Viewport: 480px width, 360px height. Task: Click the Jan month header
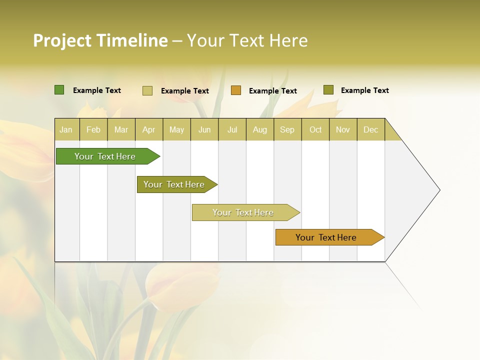click(x=66, y=129)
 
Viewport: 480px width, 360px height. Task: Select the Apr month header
click(x=149, y=129)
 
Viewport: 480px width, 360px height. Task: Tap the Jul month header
click(x=232, y=129)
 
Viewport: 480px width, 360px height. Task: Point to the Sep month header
click(x=287, y=129)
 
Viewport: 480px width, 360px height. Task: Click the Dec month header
click(x=370, y=129)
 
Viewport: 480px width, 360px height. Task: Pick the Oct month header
click(x=315, y=129)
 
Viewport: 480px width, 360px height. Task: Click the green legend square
click(x=59, y=90)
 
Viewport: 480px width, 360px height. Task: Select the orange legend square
click(x=236, y=90)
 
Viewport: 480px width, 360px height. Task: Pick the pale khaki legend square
click(x=147, y=90)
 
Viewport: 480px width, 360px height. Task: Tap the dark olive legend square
click(x=328, y=90)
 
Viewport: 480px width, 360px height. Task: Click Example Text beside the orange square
click(x=273, y=91)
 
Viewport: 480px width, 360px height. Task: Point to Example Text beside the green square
click(x=97, y=90)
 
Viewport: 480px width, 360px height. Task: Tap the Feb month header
click(x=93, y=129)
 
